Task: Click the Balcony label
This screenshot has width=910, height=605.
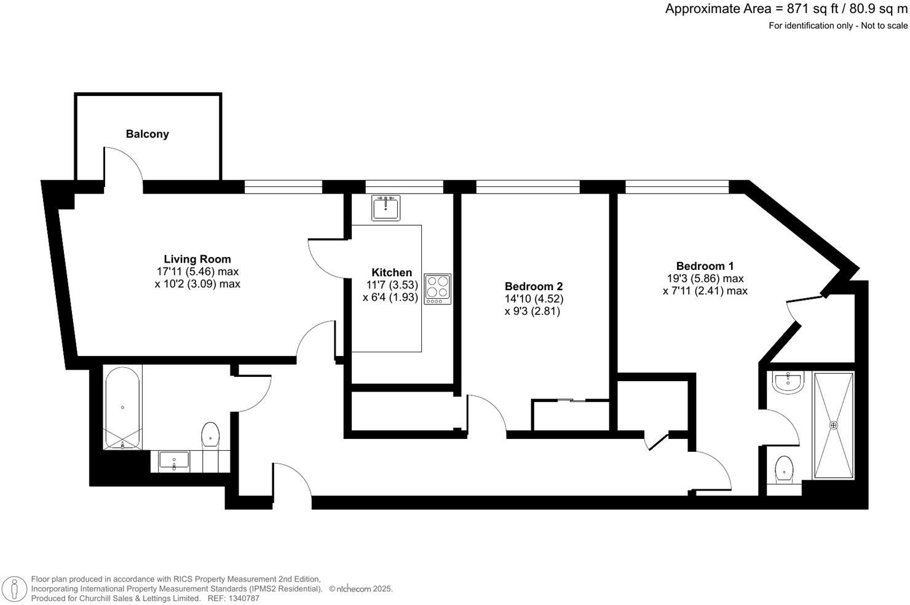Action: (147, 134)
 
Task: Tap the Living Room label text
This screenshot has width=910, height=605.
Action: (197, 259)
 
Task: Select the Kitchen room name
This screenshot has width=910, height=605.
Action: (392, 272)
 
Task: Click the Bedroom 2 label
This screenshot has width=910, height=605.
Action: (534, 287)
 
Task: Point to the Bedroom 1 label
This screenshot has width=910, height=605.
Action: (705, 266)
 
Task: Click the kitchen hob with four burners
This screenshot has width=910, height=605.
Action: (438, 289)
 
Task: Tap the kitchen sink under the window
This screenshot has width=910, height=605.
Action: (386, 207)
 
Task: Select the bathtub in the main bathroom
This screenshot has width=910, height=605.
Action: (122, 408)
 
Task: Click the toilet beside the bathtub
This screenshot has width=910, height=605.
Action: (210, 435)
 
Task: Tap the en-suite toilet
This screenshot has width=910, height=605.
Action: (784, 469)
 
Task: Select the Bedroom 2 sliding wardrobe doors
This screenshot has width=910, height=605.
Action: (572, 401)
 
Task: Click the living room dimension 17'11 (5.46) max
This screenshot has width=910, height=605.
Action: (197, 272)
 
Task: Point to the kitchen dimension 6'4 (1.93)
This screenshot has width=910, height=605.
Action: (390, 297)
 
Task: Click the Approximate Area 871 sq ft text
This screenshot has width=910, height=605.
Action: (786, 9)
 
